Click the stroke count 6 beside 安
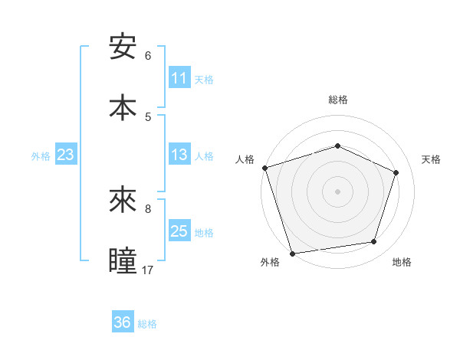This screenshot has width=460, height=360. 148,56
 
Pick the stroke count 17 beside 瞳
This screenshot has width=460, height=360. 148,270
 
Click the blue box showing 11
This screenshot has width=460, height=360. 179,78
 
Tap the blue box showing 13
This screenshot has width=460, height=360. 179,155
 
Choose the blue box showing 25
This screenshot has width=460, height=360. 179,231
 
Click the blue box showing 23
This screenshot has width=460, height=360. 66,155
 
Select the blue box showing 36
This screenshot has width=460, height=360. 123,322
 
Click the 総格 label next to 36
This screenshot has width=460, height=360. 147,324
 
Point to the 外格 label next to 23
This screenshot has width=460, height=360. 41,156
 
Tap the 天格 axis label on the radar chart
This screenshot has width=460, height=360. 432,159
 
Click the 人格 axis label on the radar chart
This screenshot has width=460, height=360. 245,159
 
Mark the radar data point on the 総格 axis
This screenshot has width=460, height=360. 337,146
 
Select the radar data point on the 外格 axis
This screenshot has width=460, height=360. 292,253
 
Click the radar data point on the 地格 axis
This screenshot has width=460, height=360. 374,242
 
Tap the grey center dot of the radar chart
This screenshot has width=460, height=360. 337,191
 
